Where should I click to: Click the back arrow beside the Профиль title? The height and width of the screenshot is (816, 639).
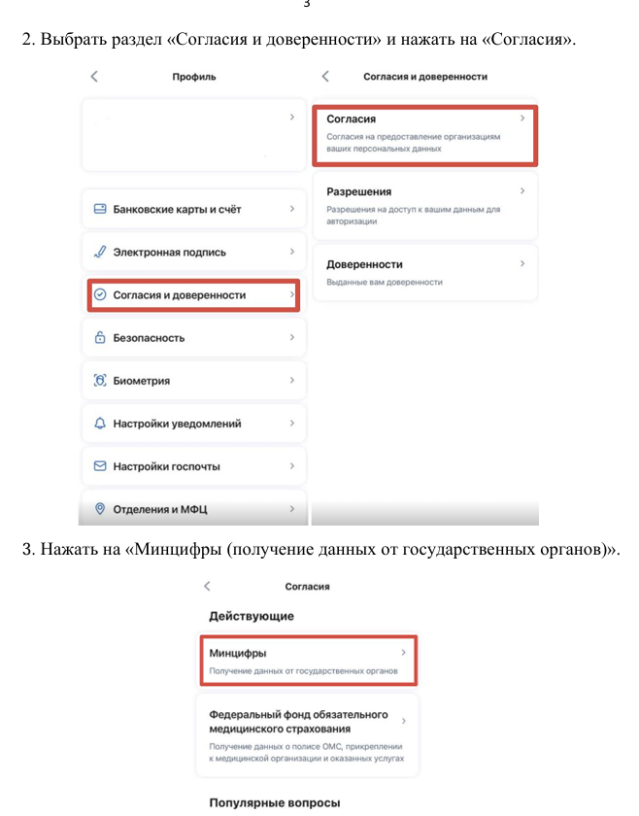point(94,76)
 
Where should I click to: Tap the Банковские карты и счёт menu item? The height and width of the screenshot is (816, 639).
point(177,209)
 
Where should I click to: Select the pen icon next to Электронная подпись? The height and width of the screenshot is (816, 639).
point(99,252)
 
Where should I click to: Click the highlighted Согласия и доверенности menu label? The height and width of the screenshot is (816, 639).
point(179,294)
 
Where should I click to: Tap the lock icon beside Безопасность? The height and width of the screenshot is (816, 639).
point(99,338)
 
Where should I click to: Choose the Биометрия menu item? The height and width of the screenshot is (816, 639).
point(141,381)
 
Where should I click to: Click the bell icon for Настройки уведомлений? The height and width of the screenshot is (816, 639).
point(99,424)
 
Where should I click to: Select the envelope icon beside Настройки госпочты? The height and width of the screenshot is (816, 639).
point(99,466)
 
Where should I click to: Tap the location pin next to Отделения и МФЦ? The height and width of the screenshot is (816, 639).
point(99,509)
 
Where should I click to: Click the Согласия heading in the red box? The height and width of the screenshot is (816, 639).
point(352,119)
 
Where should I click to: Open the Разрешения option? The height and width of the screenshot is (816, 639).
point(358,192)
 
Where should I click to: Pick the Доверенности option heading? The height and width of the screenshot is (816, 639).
point(364,264)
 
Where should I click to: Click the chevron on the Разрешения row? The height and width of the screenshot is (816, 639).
point(521,191)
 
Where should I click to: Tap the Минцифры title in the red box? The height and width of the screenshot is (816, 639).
point(238,654)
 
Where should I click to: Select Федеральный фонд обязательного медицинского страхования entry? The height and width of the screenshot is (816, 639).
point(298,721)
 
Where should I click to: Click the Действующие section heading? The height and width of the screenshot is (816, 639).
point(252,616)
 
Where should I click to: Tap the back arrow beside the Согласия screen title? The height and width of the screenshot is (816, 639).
point(207,587)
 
